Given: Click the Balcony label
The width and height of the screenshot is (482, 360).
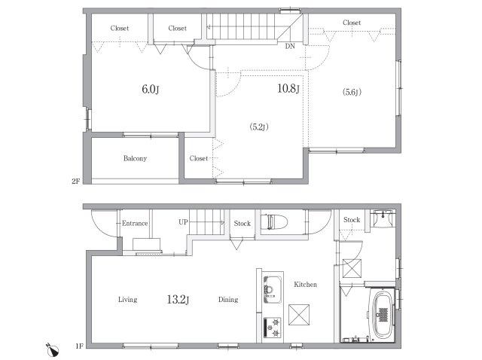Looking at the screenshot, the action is click(x=135, y=158).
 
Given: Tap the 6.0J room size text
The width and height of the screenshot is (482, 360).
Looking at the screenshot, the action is click(x=151, y=89).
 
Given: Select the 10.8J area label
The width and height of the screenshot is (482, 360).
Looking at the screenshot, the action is click(x=288, y=89).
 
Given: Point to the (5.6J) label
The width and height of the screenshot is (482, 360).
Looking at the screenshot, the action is click(x=352, y=92).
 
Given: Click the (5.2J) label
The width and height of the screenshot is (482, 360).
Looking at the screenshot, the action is click(x=259, y=127).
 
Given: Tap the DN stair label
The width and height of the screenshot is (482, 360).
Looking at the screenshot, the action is click(x=290, y=46).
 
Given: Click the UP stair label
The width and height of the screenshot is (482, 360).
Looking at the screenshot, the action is click(x=183, y=221).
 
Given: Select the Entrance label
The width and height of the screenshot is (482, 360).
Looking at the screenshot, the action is click(x=135, y=223).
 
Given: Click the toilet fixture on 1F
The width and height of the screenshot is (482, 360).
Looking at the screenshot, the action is click(x=274, y=222).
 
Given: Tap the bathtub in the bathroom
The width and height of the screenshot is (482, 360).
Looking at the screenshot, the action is click(x=383, y=314).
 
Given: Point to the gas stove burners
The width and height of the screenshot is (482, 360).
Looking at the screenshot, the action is click(x=273, y=328).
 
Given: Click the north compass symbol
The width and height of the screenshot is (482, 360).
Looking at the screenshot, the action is click(x=53, y=350).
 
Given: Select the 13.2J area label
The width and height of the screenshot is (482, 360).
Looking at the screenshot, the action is click(x=178, y=299).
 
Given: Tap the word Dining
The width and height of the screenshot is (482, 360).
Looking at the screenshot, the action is click(x=228, y=300).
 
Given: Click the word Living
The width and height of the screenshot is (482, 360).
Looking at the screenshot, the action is click(x=127, y=300).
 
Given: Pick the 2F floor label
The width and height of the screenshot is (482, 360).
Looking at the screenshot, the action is click(x=75, y=181).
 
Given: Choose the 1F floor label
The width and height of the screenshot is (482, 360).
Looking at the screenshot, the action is click(x=79, y=346).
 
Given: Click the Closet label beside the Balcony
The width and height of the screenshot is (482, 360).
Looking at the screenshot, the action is click(x=199, y=158).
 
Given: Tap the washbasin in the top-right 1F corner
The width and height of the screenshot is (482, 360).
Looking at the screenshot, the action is click(x=382, y=218).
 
